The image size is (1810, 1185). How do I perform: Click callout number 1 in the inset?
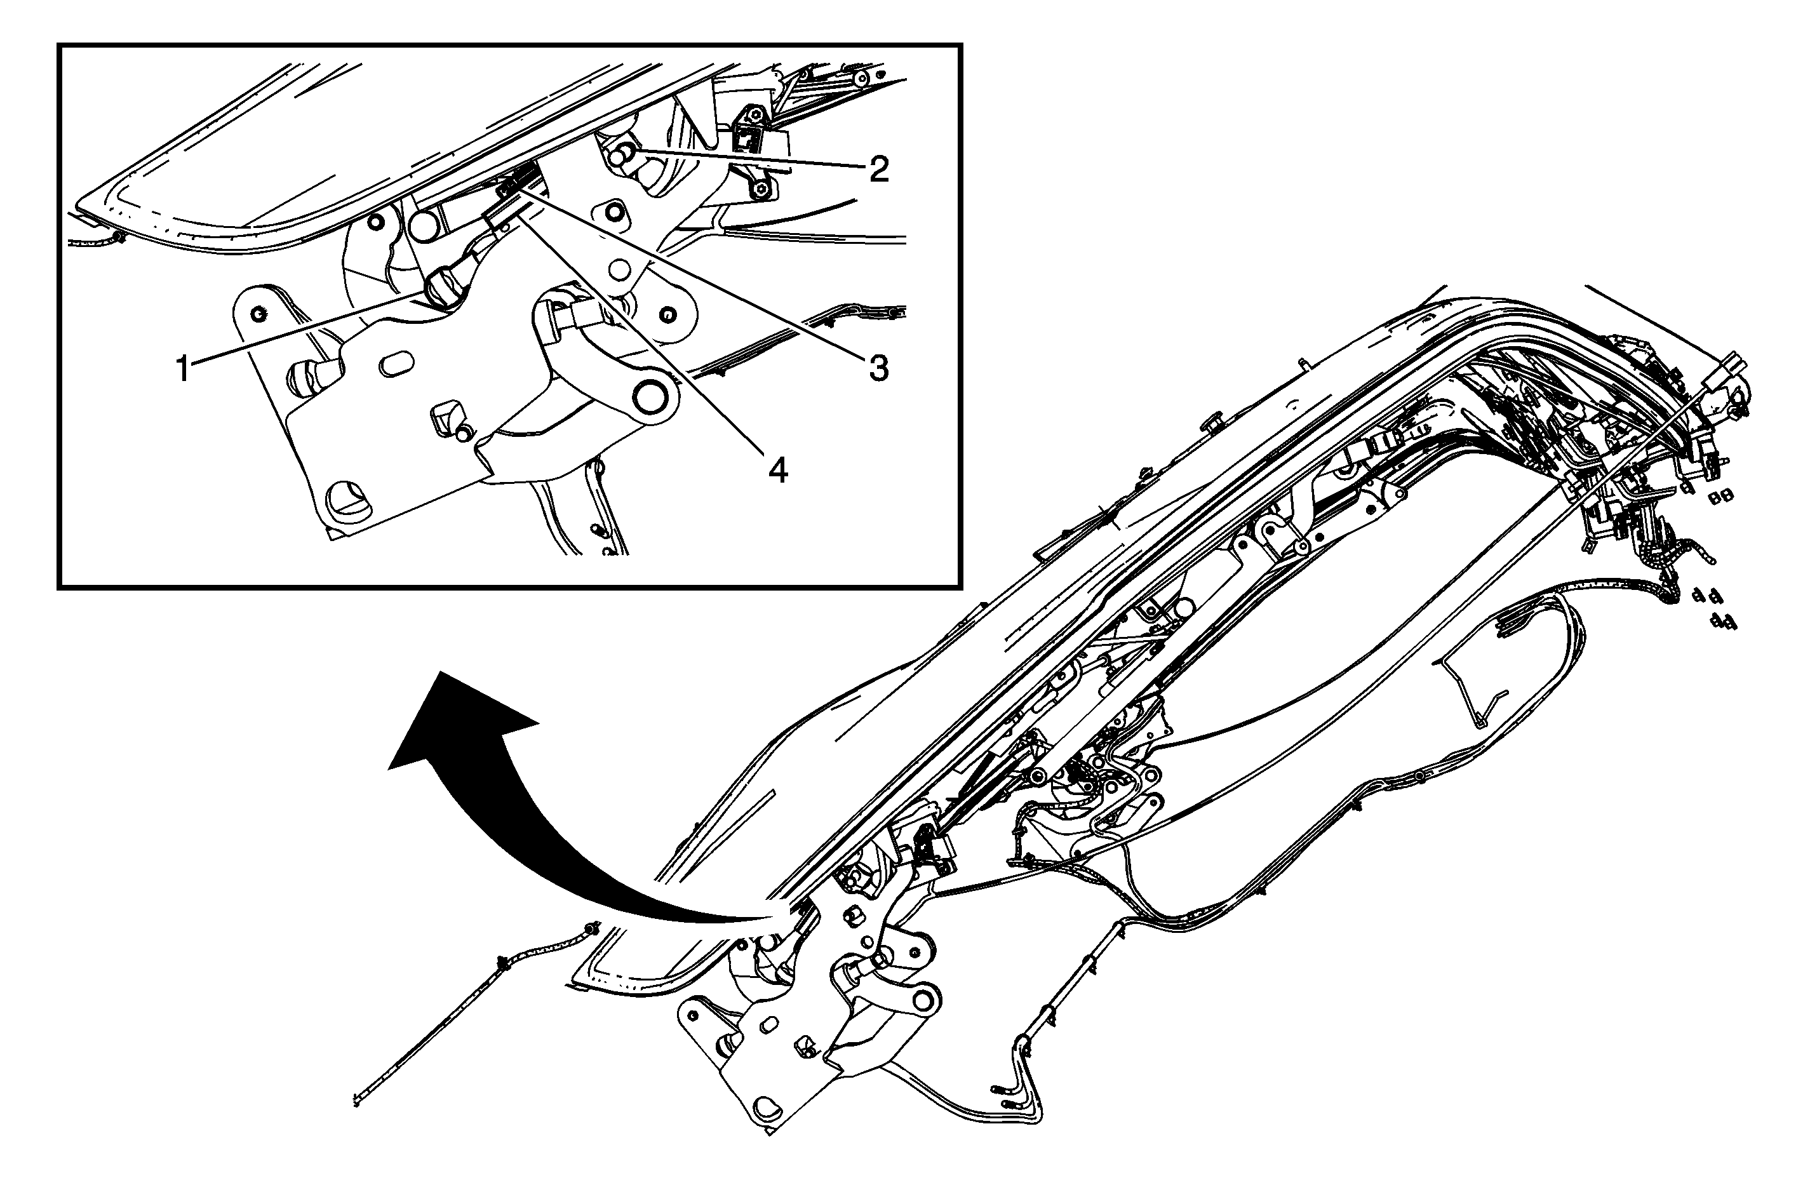pos(182,370)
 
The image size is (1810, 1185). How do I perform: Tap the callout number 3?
pos(878,369)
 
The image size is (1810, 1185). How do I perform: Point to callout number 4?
pos(777,472)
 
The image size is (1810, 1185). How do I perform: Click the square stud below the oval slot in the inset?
pos(446,418)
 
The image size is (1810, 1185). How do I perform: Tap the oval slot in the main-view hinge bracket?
pos(767,1027)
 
